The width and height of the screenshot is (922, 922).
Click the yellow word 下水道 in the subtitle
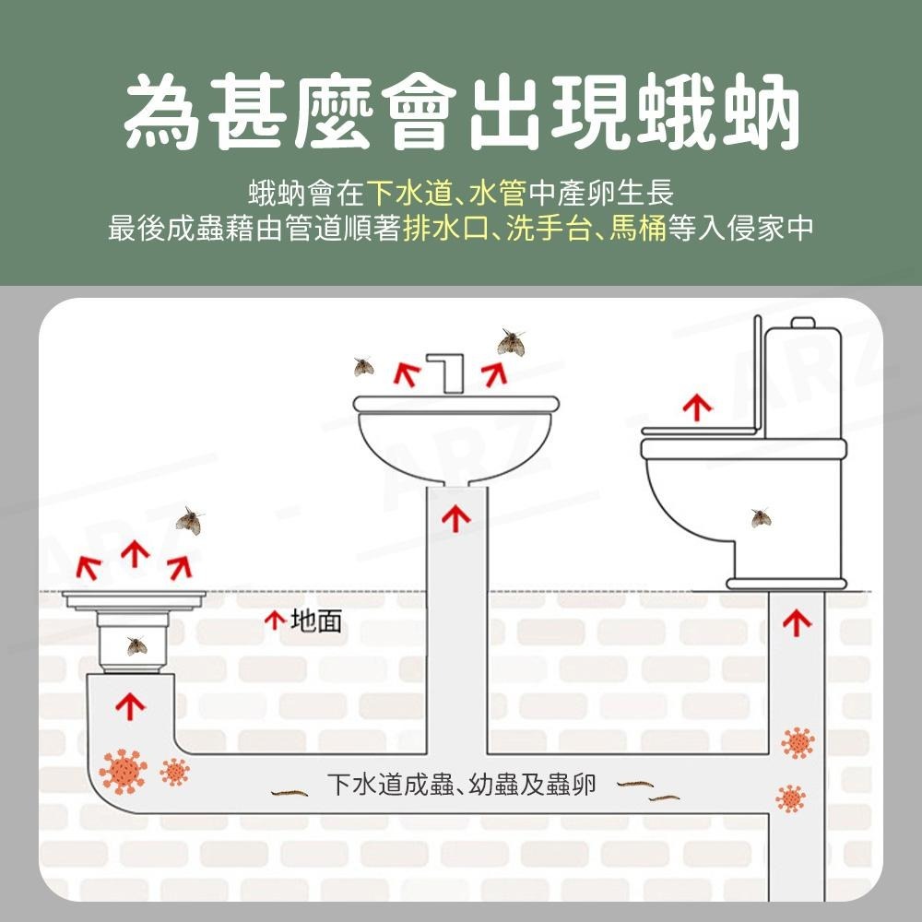(x=408, y=194)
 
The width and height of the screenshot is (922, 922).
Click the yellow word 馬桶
(x=638, y=228)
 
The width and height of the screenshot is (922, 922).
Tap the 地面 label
(x=315, y=621)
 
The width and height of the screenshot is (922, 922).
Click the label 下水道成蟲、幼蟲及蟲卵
(x=462, y=786)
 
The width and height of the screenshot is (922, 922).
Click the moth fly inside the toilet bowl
(x=761, y=518)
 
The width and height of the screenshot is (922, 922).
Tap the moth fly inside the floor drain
(x=136, y=645)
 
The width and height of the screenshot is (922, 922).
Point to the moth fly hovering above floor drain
(x=189, y=521)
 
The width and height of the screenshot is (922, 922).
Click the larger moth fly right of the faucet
(x=510, y=343)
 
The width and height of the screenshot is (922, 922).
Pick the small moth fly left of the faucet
(x=364, y=367)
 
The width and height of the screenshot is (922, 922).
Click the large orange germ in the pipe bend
(x=123, y=771)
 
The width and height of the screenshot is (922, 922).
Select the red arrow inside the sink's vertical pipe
(x=455, y=519)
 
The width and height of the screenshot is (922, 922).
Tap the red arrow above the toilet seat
(x=697, y=407)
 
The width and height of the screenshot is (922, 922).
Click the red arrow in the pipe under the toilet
(x=797, y=623)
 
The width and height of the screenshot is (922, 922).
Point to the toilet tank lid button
(x=803, y=322)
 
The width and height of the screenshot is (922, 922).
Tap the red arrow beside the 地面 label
(x=274, y=621)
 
